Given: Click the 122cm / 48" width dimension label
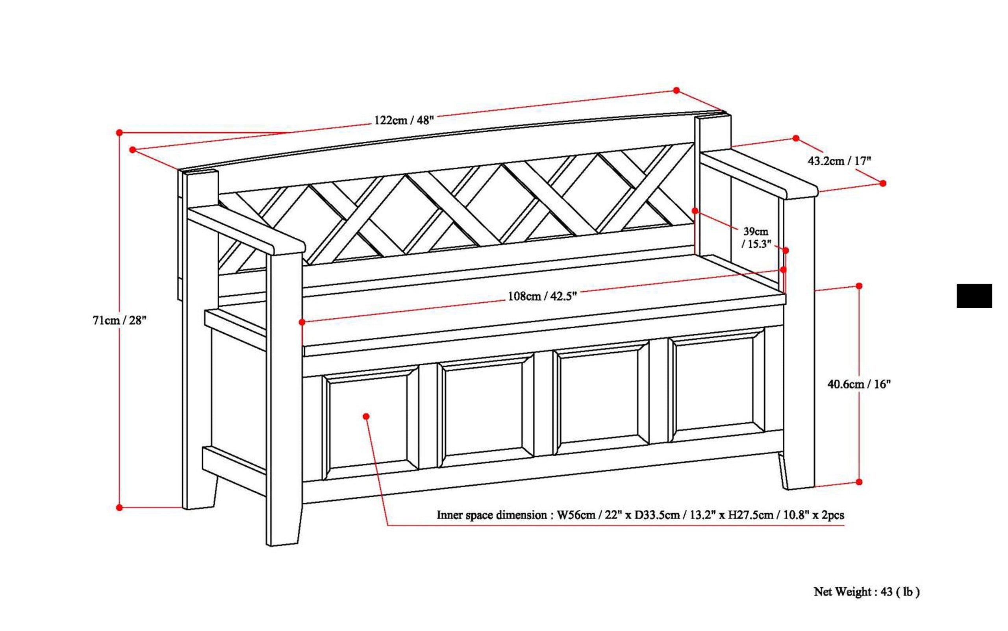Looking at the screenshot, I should click(403, 120).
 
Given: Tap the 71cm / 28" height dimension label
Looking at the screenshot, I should click(119, 320).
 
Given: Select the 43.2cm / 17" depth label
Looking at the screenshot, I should click(839, 161).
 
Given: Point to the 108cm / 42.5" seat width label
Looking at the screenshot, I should click(542, 296).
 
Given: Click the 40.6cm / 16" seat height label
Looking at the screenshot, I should click(859, 384).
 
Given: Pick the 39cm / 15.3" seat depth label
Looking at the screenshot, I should click(756, 237).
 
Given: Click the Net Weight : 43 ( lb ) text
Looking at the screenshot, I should click(867, 592).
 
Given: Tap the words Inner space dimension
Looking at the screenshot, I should click(492, 515).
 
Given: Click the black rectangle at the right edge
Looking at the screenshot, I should click(974, 296).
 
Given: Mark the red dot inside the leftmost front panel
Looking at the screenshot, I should click(366, 416).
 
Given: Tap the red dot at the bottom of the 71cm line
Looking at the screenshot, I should click(119, 507).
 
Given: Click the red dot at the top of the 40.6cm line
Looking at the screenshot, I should click(859, 286).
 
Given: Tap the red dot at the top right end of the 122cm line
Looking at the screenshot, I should click(676, 91).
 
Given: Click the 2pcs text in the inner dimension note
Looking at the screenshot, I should click(833, 515).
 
